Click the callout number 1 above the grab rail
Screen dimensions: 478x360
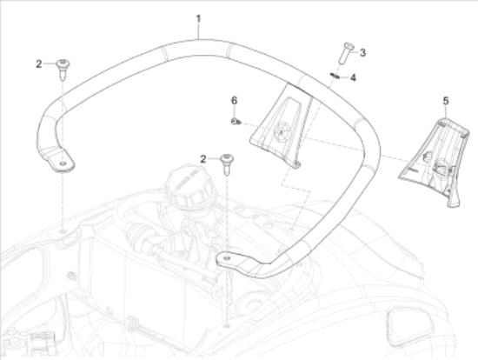coord(198,19)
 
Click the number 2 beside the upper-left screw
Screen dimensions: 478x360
coord(39,64)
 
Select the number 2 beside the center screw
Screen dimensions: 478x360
coord(203,159)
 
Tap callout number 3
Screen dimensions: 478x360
coord(362,53)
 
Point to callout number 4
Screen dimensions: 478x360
coord(353,77)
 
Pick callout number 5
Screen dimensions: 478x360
coord(446,101)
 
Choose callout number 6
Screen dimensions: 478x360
coord(234,100)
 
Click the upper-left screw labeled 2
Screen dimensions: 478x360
coord(63,69)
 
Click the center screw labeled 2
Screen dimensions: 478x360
coord(227,164)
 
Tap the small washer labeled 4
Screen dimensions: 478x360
coord(335,75)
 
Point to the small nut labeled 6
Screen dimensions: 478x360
coord(236,122)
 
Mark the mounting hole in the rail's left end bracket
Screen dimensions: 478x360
coord(63,163)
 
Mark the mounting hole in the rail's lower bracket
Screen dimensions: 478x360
coord(227,258)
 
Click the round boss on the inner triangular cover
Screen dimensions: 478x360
coord(281,131)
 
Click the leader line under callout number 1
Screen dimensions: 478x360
coord(199,31)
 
